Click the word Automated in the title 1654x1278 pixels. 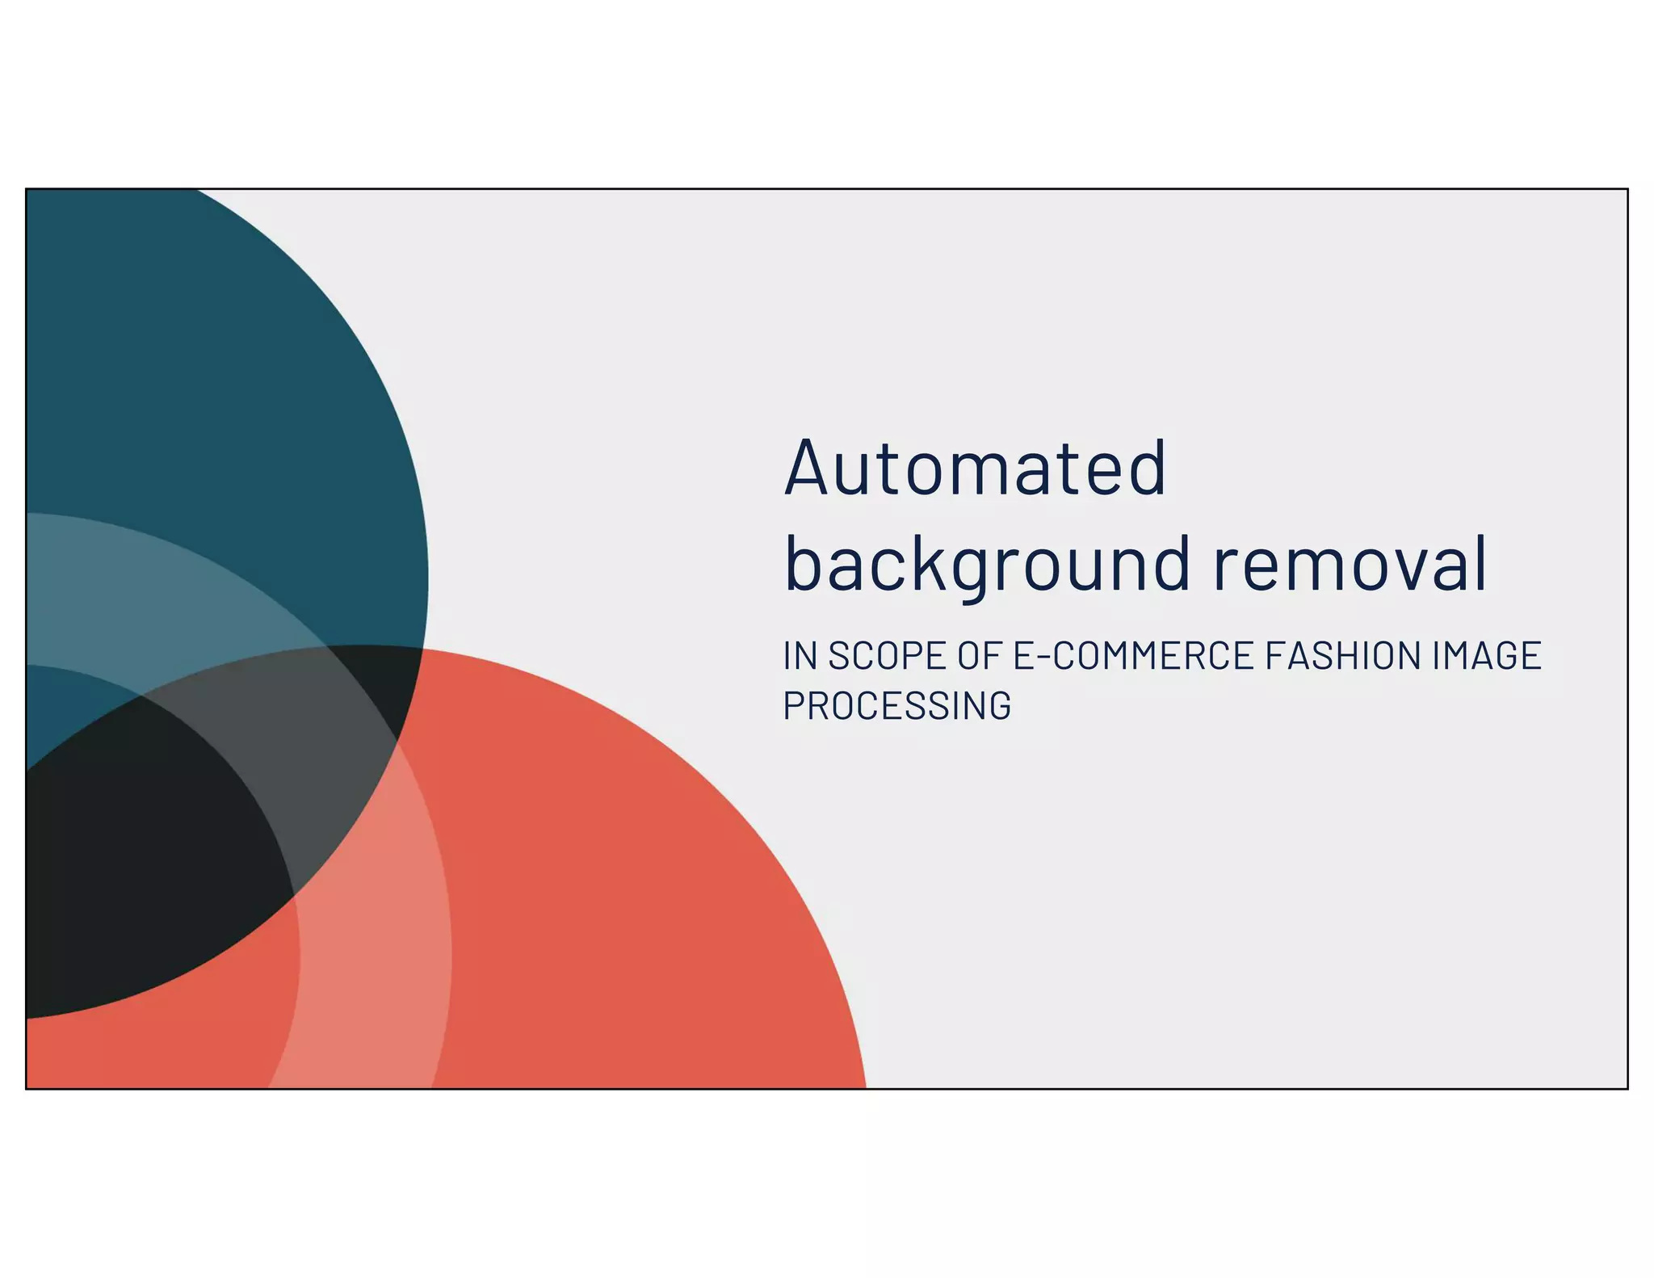[x=975, y=469]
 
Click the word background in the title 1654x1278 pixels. [x=987, y=564]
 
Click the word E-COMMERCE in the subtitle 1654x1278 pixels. [x=1133, y=655]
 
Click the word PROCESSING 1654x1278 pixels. [x=896, y=705]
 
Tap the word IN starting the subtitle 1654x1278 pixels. [x=800, y=655]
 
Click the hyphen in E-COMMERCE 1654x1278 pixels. [x=1043, y=657]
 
